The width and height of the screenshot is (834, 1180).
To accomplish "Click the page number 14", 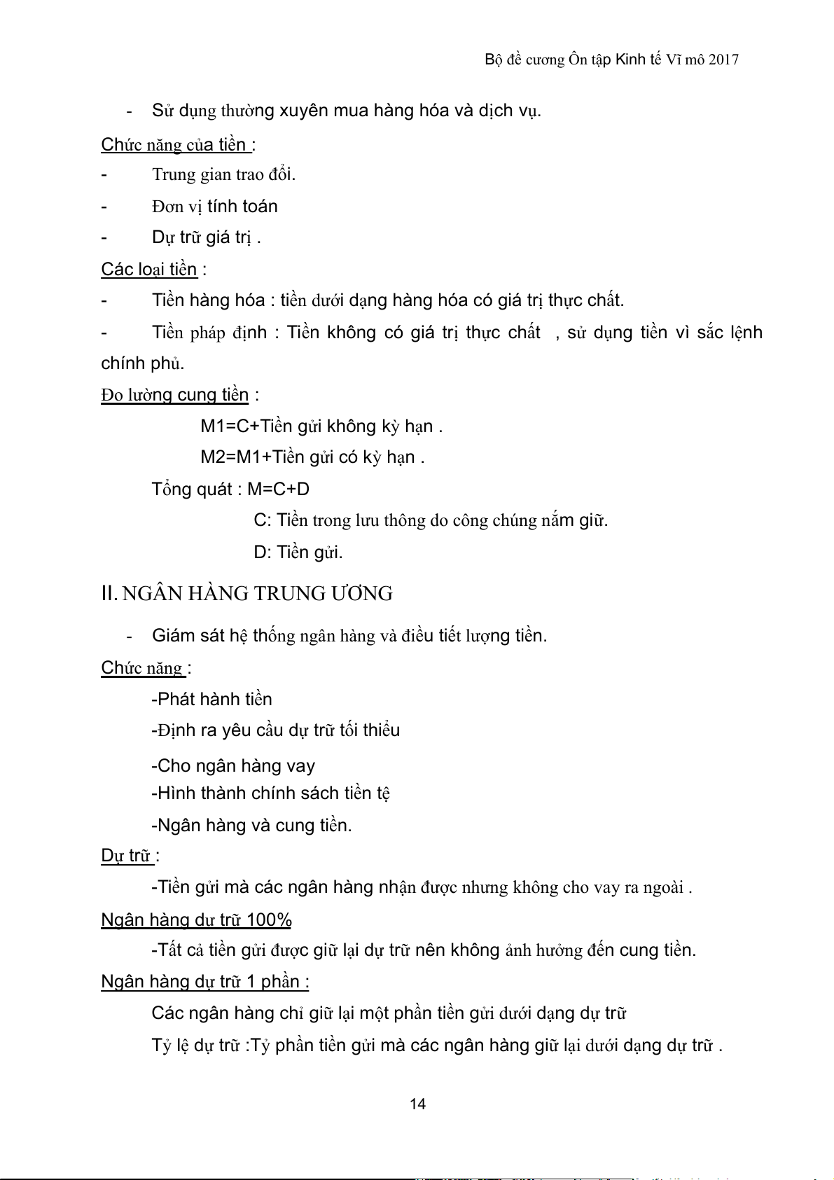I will pos(417,1104).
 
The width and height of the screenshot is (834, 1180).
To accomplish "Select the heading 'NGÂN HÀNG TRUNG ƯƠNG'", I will pos(257,594).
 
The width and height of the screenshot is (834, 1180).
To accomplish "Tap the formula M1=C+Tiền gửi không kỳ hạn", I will pos(321,426).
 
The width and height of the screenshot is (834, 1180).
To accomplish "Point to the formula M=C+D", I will pos(279,489).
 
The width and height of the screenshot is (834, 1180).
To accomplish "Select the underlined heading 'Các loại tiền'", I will pos(149,270).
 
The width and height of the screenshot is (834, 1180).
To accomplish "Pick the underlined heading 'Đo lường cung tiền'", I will pos(175,395).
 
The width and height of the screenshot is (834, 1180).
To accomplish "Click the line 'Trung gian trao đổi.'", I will pos(223,174).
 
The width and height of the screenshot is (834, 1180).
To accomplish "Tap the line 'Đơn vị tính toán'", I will pos(214,207).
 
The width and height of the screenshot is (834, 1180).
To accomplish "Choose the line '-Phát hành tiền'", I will pos(211,699).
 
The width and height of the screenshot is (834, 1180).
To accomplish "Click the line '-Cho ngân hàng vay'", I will pos(233,765).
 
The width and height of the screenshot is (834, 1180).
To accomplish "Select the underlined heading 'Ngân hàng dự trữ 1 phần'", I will pos(204,982).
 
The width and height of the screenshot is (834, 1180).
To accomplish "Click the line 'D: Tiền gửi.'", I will pos(298,553).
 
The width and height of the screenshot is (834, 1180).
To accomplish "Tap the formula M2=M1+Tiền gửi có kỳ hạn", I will pos(312,457).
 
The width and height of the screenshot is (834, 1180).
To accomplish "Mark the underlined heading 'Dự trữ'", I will pos(127,856).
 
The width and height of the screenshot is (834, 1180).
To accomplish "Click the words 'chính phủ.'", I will pos(143,363).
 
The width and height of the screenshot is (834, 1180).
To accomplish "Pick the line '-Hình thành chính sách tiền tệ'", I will pos(270,793).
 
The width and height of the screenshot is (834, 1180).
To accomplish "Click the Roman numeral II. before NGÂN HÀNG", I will pos(109,594).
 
